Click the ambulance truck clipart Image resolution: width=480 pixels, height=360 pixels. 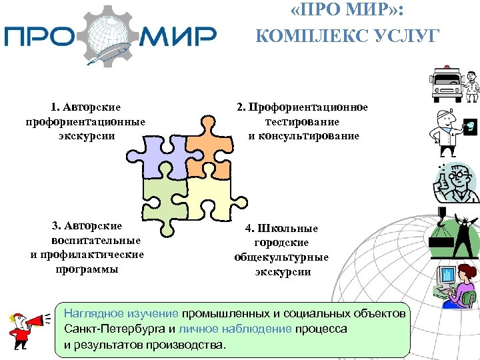point(445,84)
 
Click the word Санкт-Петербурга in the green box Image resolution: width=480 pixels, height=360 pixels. point(114,329)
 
